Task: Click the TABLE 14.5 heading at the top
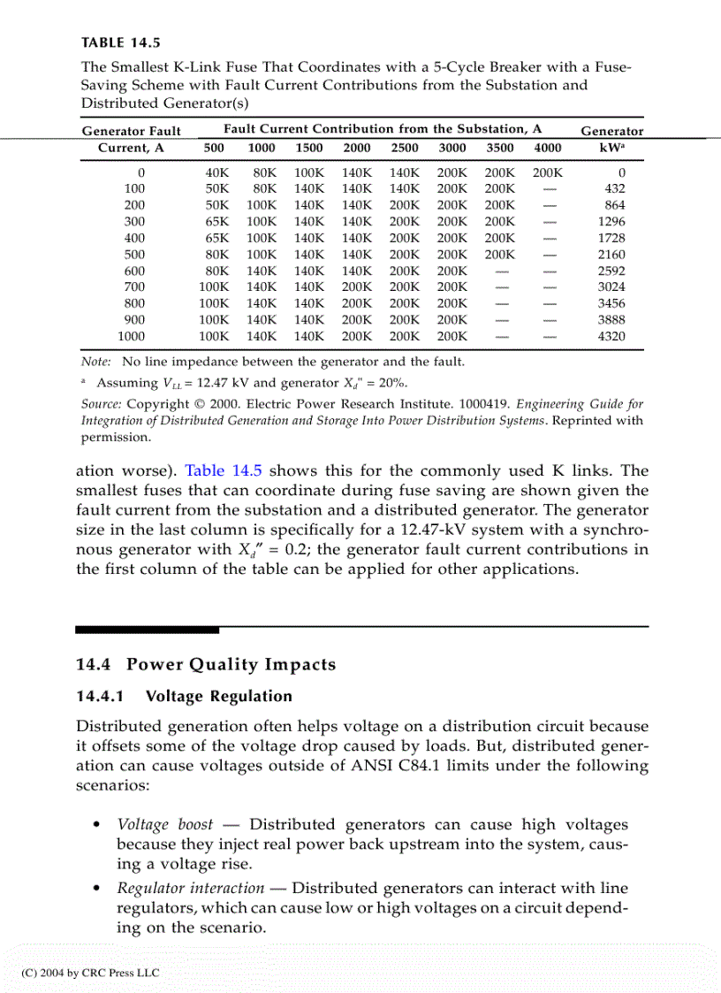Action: point(121,42)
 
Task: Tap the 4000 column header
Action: point(547,148)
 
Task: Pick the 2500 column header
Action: point(404,148)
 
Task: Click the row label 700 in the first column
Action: point(134,286)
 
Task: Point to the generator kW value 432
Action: point(613,189)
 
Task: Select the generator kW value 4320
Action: point(611,336)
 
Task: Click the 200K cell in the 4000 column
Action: point(547,173)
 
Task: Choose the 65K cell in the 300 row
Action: point(216,222)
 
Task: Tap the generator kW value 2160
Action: point(611,255)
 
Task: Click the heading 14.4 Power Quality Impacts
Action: point(206,665)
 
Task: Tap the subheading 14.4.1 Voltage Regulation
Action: point(184,697)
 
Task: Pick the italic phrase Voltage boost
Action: point(165,825)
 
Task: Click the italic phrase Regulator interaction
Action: point(190,889)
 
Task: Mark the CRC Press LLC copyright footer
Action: point(90,973)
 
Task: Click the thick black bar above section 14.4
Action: point(147,630)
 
